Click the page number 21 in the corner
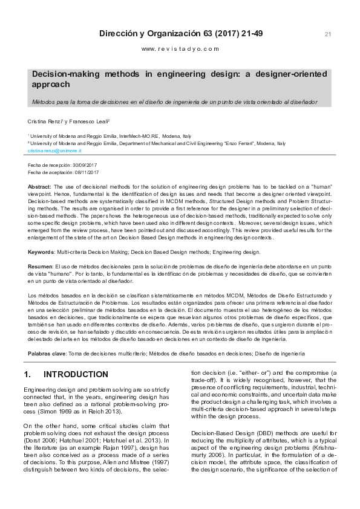click(x=328, y=34)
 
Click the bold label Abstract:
click(x=40, y=187)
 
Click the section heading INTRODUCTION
click(x=76, y=375)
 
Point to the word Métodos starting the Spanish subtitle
click(x=42, y=102)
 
